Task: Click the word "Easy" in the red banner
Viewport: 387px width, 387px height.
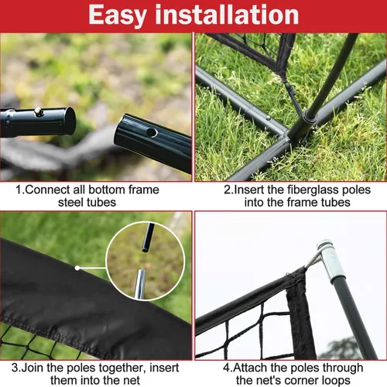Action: [x=118, y=15]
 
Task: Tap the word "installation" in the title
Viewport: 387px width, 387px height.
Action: [x=227, y=14]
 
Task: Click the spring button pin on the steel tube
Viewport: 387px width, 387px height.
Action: [x=39, y=111]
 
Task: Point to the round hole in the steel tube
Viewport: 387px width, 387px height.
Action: [x=152, y=132]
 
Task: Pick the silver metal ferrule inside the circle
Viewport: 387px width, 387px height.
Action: [x=140, y=284]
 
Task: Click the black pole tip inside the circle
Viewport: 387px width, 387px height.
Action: [x=148, y=238]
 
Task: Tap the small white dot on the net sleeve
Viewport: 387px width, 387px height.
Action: [x=77, y=268]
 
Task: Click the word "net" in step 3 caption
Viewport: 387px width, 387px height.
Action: [x=132, y=381]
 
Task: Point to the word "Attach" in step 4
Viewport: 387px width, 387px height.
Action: [x=251, y=368]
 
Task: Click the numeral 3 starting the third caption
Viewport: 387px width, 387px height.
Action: [x=14, y=368]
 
